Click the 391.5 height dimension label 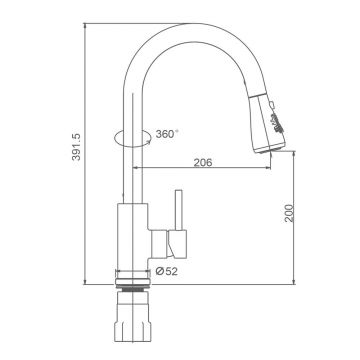[76, 147]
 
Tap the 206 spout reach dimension [203, 162]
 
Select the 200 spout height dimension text [289, 213]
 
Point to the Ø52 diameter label [167, 272]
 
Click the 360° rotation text [167, 134]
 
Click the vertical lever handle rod [179, 210]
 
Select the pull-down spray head [268, 123]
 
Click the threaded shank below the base [133, 289]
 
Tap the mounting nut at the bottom [133, 317]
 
